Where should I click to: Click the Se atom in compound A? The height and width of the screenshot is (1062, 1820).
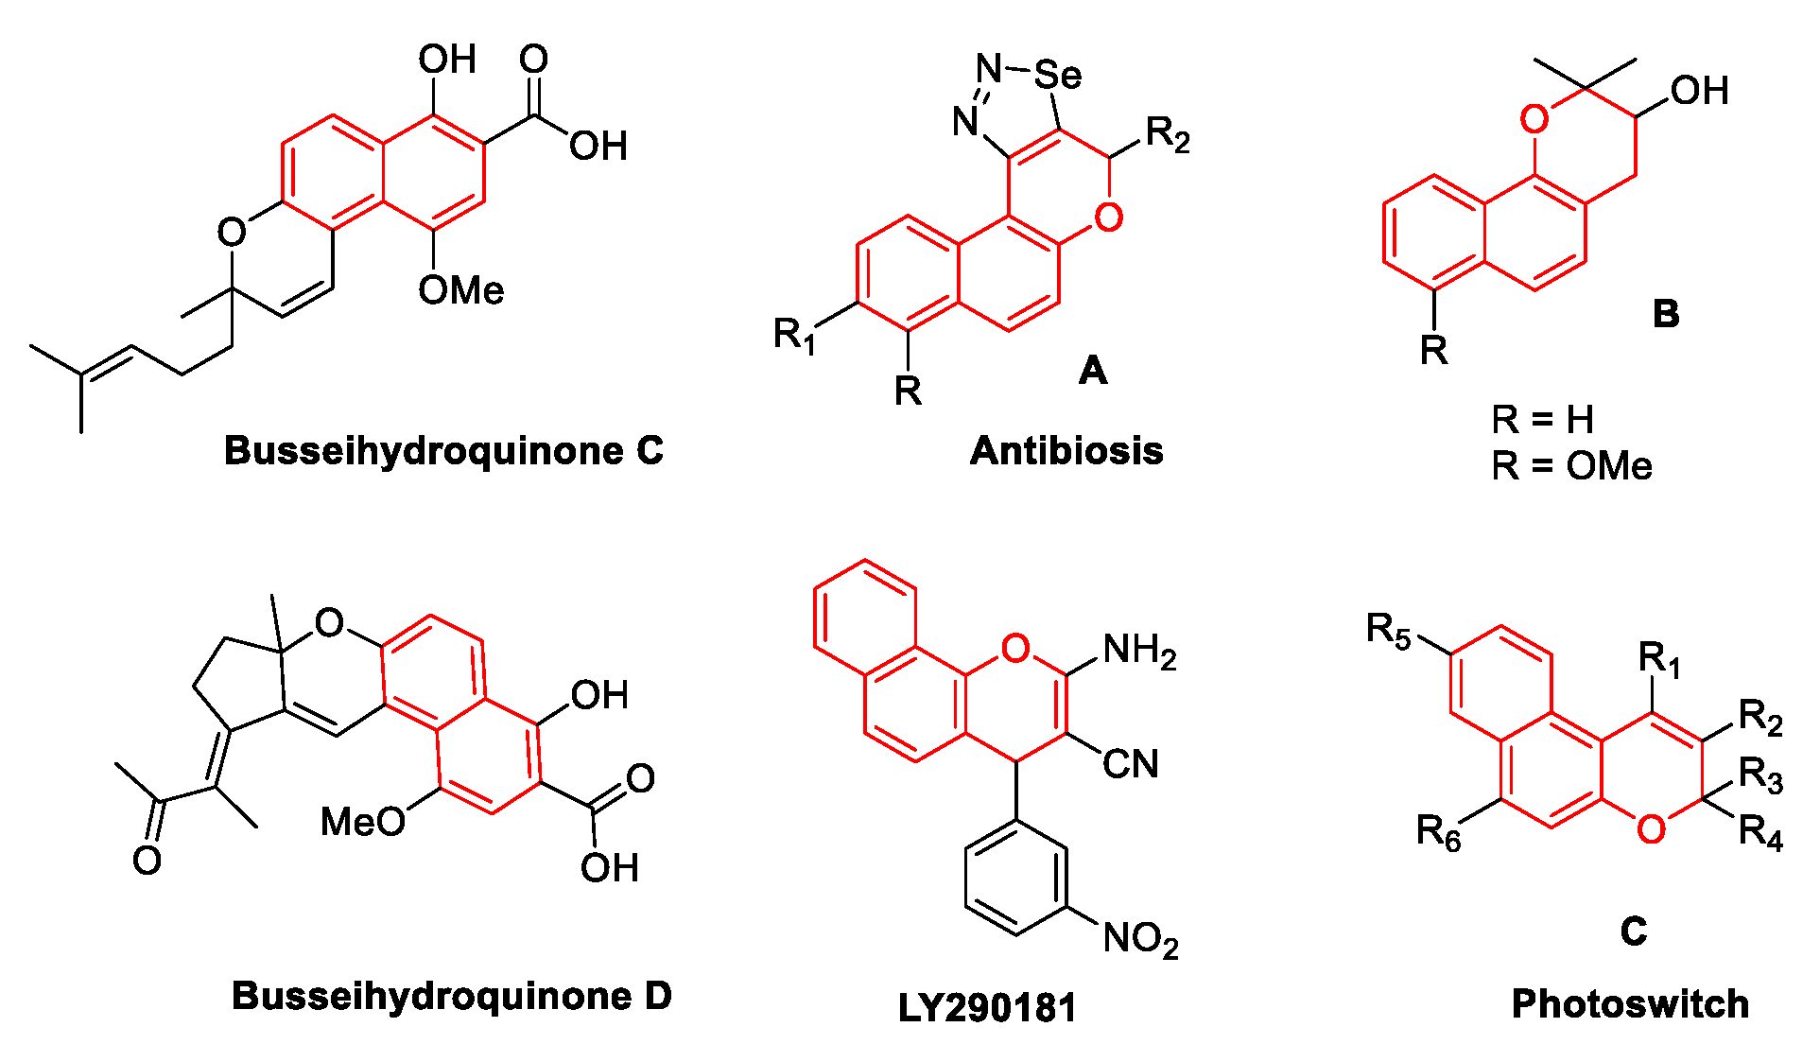click(x=1058, y=74)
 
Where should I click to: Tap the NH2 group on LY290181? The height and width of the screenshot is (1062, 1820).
click(x=1139, y=651)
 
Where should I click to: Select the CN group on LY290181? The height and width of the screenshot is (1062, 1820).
click(x=1131, y=764)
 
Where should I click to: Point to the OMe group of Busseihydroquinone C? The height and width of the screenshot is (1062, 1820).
click(x=461, y=289)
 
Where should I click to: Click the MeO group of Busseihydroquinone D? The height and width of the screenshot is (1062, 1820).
click(x=362, y=822)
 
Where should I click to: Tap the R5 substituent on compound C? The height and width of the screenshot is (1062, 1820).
click(x=1388, y=630)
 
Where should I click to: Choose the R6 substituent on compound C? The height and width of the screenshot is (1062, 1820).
click(x=1438, y=832)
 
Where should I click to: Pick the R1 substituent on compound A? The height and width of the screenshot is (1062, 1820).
click(x=794, y=335)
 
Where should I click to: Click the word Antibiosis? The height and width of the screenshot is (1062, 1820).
click(x=1066, y=451)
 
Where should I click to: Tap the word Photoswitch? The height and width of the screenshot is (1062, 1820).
click(x=1630, y=1004)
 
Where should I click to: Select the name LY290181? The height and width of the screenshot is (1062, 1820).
click(x=987, y=1008)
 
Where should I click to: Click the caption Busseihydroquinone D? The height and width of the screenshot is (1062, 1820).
click(x=452, y=996)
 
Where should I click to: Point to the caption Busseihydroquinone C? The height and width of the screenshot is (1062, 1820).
click(x=443, y=451)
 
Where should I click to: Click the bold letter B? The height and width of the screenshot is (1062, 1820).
click(x=1666, y=314)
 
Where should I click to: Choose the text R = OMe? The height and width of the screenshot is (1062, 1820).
click(x=1571, y=466)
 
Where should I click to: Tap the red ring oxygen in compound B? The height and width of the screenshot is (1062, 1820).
click(x=1534, y=120)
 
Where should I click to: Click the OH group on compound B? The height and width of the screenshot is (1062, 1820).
click(x=1699, y=91)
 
